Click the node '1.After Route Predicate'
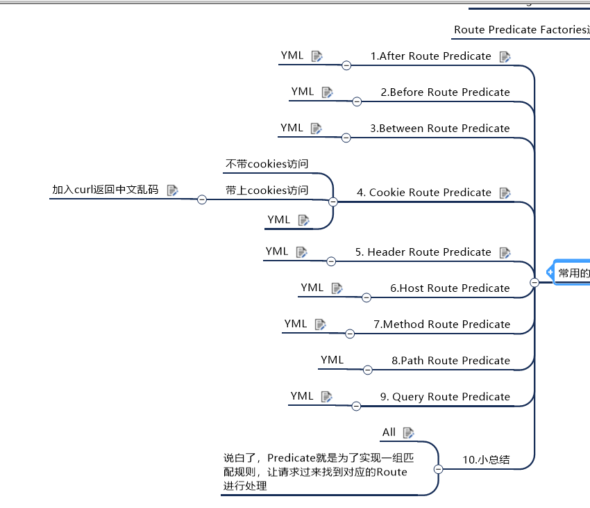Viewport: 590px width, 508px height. (430, 56)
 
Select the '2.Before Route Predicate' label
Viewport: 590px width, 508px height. (445, 92)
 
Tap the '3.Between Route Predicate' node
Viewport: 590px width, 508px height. (439, 129)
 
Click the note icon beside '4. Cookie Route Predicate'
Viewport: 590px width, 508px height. (505, 192)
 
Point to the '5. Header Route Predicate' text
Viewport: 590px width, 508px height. (423, 252)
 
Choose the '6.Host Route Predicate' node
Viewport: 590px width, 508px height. (450, 288)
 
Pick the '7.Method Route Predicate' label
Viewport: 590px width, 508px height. (441, 325)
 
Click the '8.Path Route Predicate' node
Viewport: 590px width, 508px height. (450, 361)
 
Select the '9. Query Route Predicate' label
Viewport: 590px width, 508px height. (445, 397)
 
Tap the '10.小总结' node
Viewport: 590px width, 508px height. (487, 459)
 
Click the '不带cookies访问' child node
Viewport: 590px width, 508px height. (267, 165)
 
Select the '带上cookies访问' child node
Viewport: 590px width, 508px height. (267, 190)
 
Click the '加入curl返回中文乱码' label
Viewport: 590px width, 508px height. (106, 190)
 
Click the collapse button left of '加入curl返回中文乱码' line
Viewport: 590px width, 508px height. (202, 199)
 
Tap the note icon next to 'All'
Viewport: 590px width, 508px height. (408, 432)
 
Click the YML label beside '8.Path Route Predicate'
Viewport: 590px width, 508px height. (332, 360)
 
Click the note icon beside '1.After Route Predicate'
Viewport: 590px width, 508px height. (505, 56)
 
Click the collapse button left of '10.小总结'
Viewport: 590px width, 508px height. (438, 469)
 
